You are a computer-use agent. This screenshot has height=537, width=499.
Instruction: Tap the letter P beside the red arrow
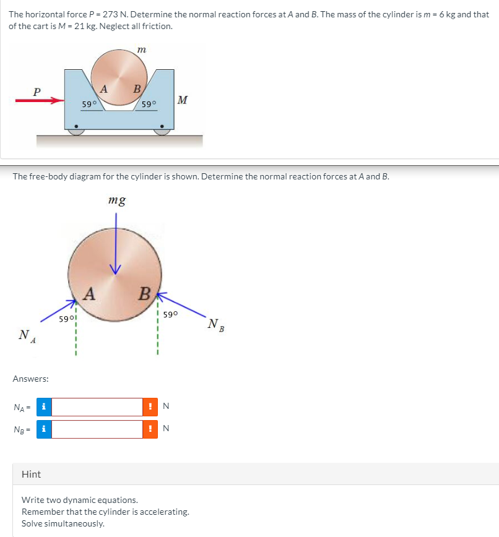(x=37, y=91)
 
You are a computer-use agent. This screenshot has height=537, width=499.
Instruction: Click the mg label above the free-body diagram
(x=117, y=200)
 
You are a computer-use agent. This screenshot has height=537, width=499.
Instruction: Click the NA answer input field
(x=97, y=406)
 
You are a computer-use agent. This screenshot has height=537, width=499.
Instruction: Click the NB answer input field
(x=97, y=429)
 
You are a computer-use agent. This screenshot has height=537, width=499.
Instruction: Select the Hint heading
(x=31, y=474)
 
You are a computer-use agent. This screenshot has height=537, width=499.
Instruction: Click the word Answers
(x=31, y=378)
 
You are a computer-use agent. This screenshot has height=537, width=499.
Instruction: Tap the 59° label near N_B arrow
(x=171, y=314)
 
